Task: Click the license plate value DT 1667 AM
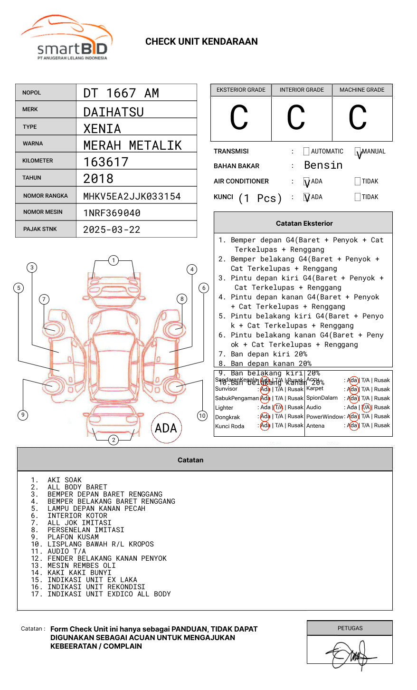click(121, 93)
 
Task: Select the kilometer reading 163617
click(106, 162)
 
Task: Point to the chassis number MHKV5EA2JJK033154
click(132, 196)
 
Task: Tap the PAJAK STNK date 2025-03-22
click(112, 230)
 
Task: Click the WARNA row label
click(33, 144)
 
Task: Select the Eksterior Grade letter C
click(239, 118)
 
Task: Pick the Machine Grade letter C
click(358, 118)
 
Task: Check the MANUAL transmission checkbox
click(358, 152)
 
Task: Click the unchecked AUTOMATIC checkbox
click(306, 152)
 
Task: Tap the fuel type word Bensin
click(323, 165)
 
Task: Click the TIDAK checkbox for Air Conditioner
click(358, 181)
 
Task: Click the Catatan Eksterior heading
click(304, 223)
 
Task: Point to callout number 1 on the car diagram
click(113, 260)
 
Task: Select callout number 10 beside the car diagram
click(202, 416)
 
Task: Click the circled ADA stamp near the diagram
click(166, 428)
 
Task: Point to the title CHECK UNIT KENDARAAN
click(201, 42)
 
